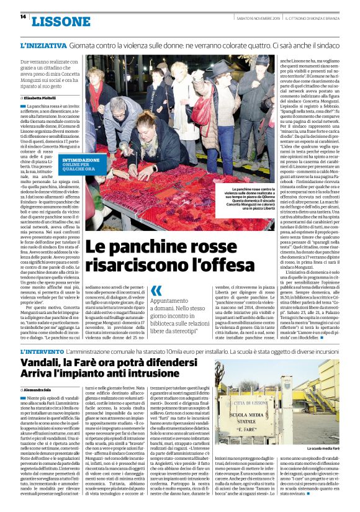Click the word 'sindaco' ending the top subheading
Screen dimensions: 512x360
click(325, 47)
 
